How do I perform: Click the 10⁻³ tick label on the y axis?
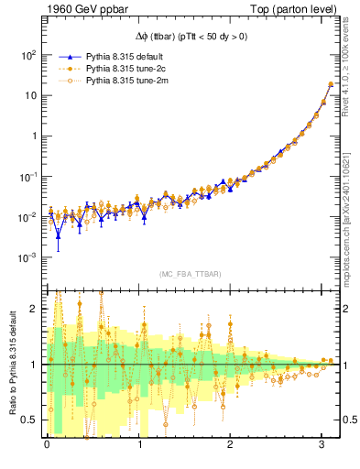click(x=27, y=257)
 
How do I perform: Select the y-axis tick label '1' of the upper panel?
click(x=34, y=136)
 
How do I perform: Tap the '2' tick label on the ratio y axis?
click(x=35, y=309)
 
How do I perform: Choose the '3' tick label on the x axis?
click(x=322, y=444)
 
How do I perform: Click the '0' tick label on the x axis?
click(x=48, y=444)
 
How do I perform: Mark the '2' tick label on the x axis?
click(x=230, y=444)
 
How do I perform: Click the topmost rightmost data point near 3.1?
click(x=331, y=84)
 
